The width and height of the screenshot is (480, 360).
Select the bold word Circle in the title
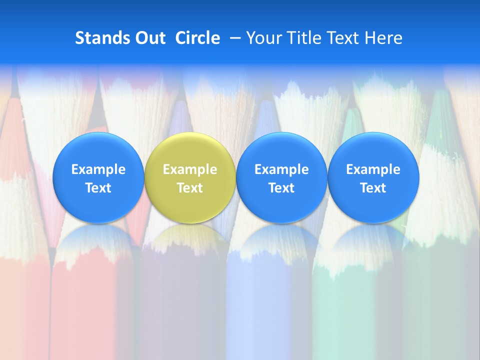coord(197,38)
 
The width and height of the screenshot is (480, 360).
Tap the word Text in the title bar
coord(343,38)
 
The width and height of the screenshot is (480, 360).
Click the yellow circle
coord(190,178)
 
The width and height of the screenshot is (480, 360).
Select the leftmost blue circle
coord(98,178)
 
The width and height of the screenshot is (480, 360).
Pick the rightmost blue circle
coord(373,178)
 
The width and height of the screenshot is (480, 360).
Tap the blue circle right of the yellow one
coord(281,178)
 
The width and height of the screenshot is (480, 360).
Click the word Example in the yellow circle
coord(190,169)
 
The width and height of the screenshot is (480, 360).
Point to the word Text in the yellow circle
coord(190,188)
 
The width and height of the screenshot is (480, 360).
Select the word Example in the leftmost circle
coord(98,169)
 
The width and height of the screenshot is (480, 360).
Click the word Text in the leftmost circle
coord(98,188)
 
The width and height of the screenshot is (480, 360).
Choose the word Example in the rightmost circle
coord(373,169)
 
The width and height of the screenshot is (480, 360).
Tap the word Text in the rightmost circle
coord(373,188)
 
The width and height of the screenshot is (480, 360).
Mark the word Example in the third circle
coord(281,169)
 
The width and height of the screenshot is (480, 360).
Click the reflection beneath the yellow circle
coord(190,240)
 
